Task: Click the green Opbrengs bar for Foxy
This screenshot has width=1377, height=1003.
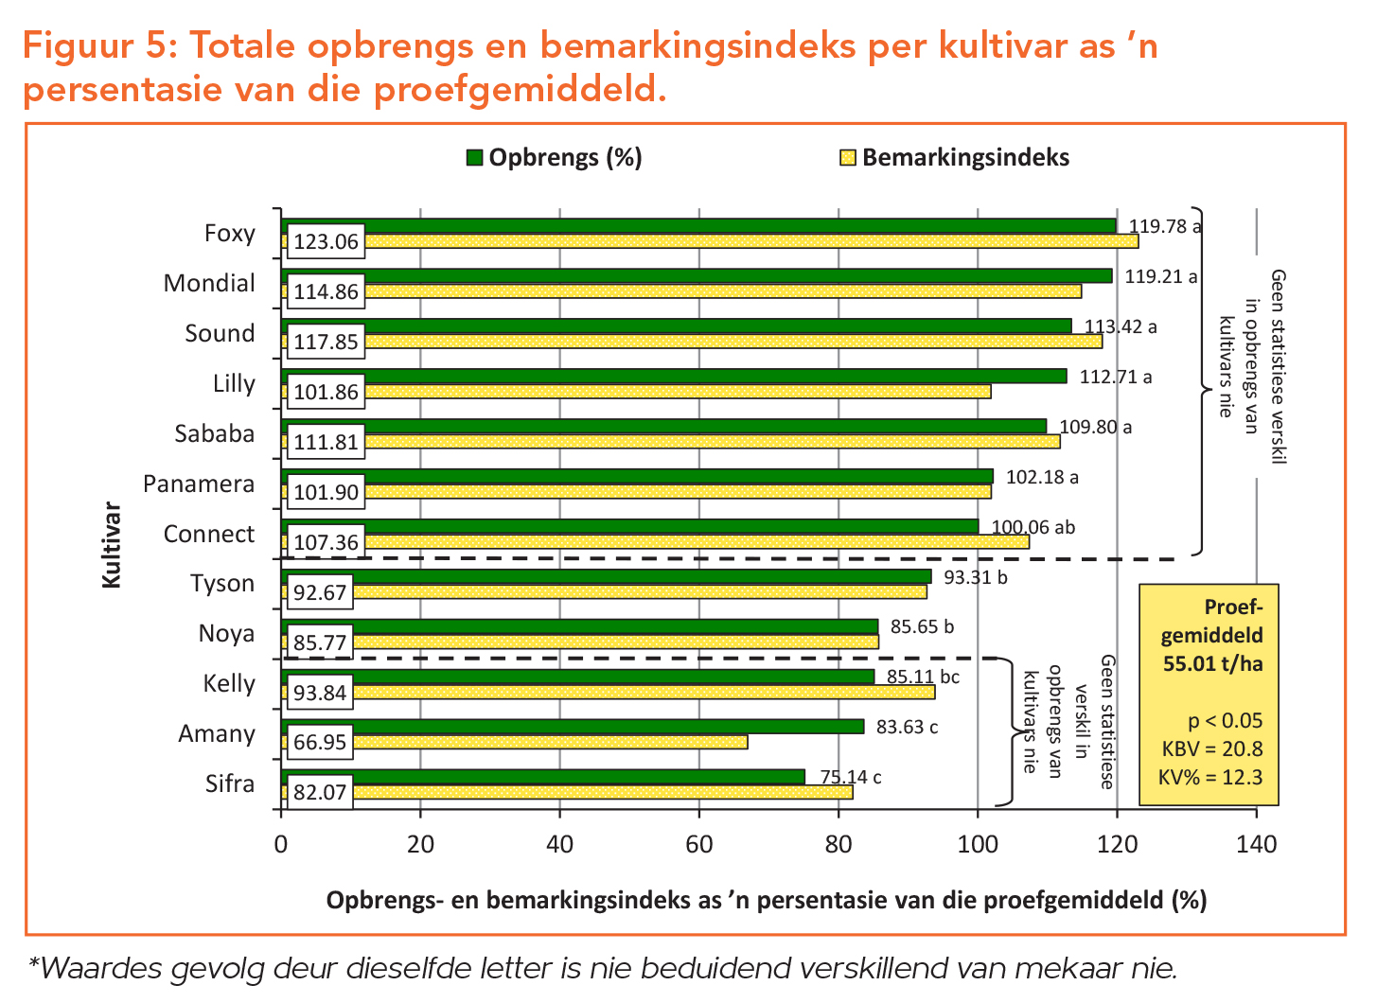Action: (x=738, y=225)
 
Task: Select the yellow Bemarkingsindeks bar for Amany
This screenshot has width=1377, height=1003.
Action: (x=549, y=742)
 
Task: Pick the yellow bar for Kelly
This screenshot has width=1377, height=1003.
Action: (x=644, y=692)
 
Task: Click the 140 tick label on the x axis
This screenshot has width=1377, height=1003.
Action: (x=1256, y=844)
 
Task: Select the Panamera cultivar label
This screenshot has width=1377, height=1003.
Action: (x=199, y=484)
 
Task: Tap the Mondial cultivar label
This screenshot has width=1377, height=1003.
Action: (x=209, y=283)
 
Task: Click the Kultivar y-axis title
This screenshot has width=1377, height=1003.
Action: (x=113, y=545)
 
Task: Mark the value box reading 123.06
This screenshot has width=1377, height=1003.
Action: (x=327, y=242)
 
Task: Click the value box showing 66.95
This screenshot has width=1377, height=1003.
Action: (x=320, y=742)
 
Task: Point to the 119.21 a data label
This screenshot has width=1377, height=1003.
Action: (x=1161, y=277)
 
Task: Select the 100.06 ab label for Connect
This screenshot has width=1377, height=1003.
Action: (x=1033, y=527)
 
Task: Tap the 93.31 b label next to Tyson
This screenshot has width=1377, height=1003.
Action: (x=976, y=576)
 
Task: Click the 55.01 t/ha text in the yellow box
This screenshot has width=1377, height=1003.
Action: (x=1213, y=663)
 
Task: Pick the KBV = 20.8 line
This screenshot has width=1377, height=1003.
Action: (x=1212, y=749)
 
